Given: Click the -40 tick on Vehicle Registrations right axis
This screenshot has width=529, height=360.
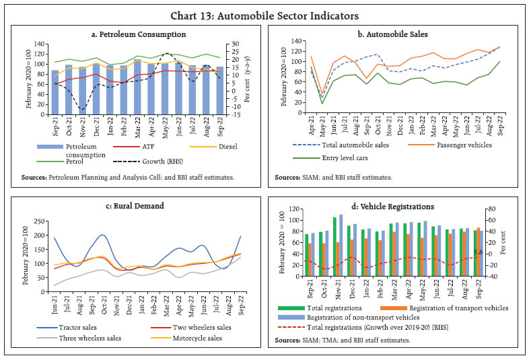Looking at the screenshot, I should coord(494,276).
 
